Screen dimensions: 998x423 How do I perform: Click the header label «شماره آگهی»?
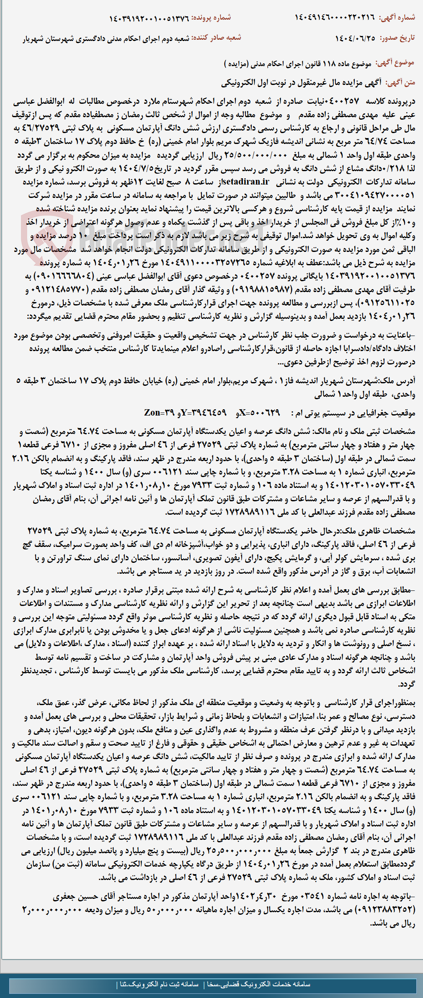point(397,18)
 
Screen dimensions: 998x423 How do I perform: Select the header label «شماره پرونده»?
point(211,18)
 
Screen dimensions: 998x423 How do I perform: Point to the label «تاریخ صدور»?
point(398,38)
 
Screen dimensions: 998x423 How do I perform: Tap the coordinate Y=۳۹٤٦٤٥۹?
point(205,413)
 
